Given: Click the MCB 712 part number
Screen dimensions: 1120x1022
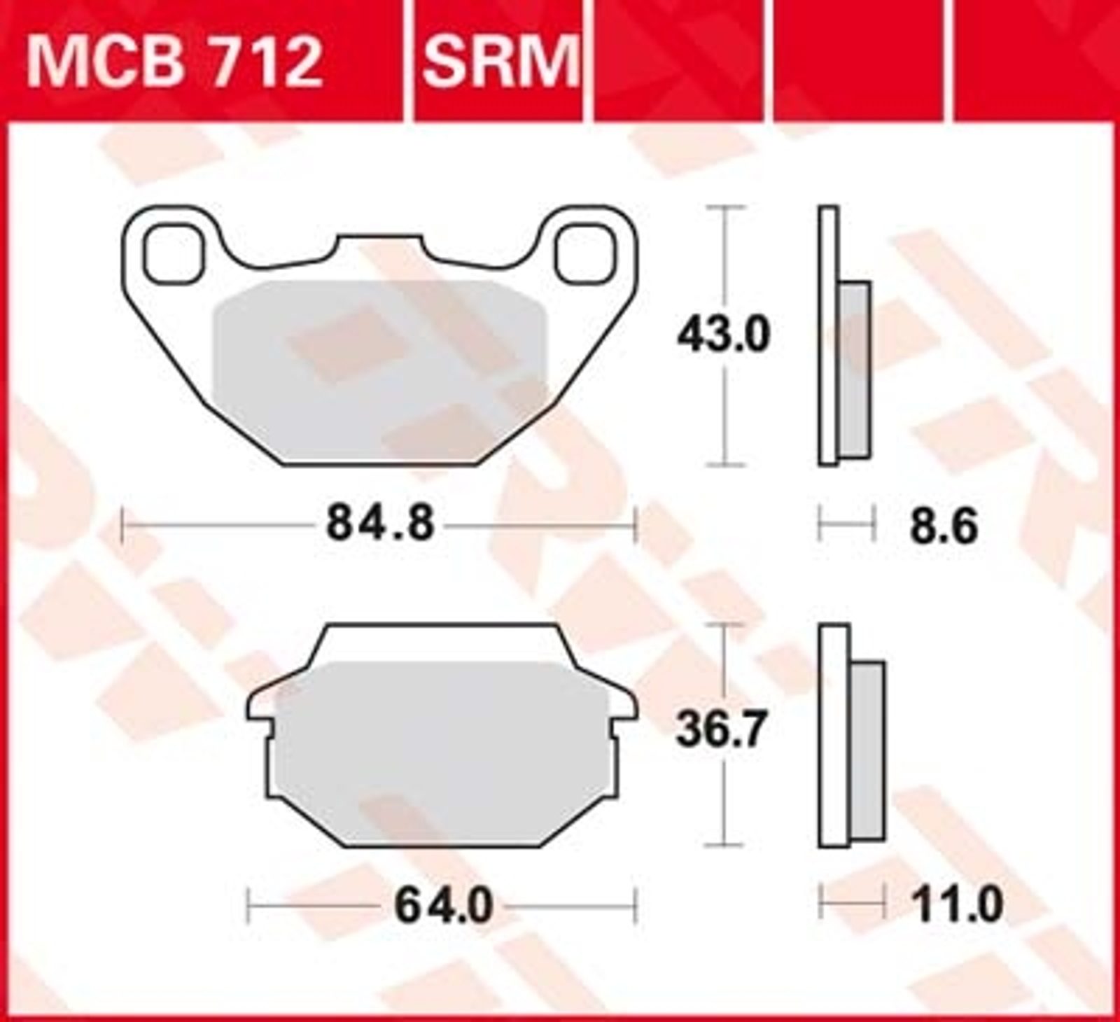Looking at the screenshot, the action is pos(175,62).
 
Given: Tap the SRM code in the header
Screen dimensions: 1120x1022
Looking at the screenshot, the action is pos(501,62).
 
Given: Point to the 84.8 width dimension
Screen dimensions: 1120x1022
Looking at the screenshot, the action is pos(381,524).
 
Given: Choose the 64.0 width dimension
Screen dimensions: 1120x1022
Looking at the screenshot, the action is pos(444,906).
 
